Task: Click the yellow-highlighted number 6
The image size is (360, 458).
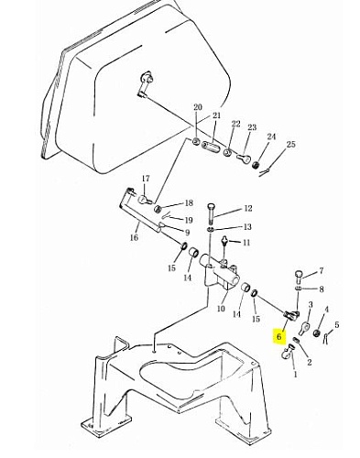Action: coord(278,336)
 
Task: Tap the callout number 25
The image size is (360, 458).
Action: coord(291,144)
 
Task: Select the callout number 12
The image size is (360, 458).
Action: coord(248,208)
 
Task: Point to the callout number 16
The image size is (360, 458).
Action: coord(134,237)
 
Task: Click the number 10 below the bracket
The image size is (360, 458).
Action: coord(221,309)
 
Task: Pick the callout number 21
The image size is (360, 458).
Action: coord(216,115)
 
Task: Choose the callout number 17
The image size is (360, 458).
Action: coord(146,179)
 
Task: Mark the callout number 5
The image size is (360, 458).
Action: coord(336,324)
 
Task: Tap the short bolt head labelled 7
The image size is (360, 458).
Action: coord(299,277)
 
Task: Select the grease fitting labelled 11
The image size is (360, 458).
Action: coord(225,241)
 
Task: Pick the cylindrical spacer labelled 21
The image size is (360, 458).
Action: coord(211,147)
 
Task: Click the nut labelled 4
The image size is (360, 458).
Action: coord(317,333)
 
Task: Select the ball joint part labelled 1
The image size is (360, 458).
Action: coord(288,352)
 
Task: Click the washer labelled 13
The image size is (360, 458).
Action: coord(211,229)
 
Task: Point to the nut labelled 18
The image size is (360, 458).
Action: coord(158,209)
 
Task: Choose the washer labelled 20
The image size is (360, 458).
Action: coord(196,141)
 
